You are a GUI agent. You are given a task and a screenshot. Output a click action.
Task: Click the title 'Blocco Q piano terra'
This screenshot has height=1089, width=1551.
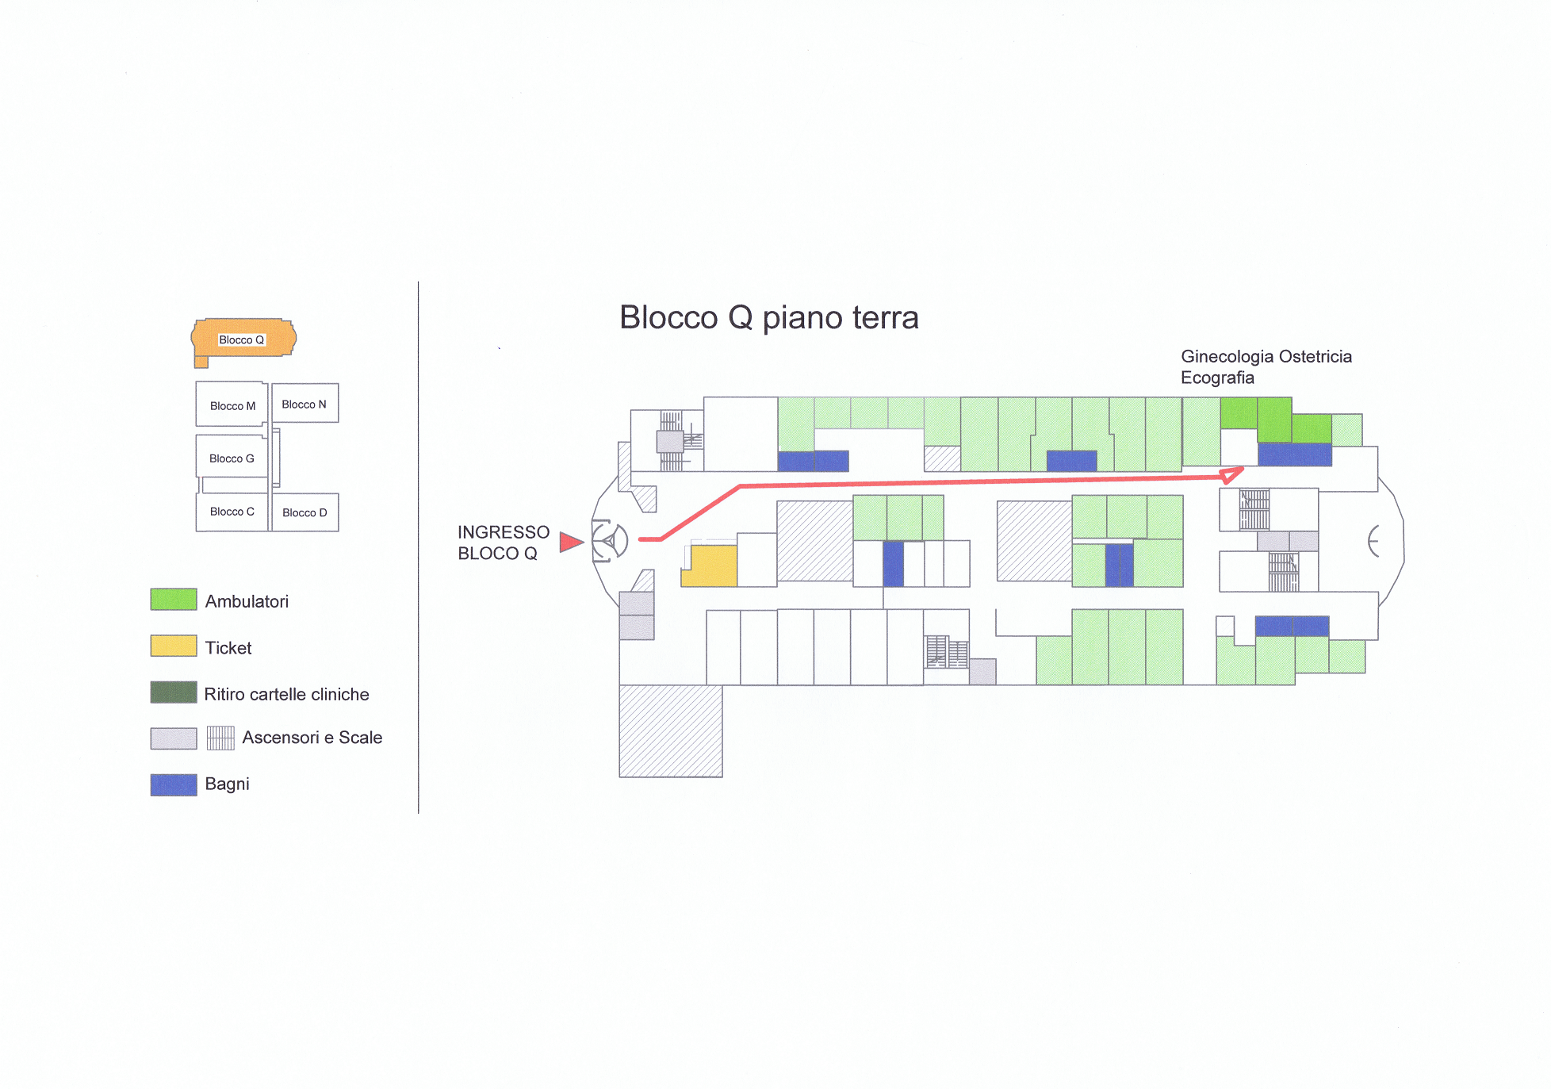tap(768, 317)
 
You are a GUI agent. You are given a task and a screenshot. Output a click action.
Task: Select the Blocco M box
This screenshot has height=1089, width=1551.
tap(232, 405)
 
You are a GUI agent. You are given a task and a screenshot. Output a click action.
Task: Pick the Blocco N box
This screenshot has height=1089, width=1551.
tap(305, 403)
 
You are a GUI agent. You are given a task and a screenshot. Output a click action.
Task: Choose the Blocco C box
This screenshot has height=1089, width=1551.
tap(232, 512)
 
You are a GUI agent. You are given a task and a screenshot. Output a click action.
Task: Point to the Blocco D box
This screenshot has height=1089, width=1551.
tap(305, 512)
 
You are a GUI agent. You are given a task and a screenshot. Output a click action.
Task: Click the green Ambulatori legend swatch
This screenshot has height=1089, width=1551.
tap(174, 600)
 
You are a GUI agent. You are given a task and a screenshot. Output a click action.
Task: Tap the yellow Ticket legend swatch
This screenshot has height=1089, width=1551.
tap(174, 646)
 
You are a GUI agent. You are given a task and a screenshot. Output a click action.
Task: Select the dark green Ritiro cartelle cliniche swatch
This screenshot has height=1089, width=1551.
tap(174, 692)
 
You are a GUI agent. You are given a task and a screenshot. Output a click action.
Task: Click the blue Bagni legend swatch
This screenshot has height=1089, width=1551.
tap(174, 784)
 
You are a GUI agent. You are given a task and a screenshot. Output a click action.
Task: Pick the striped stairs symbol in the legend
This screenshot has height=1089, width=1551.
tap(220, 738)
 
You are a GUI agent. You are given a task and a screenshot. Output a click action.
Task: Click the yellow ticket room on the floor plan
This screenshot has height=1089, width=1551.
tap(710, 566)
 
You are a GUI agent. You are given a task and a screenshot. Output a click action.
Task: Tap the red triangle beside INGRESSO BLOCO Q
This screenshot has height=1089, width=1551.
tap(571, 542)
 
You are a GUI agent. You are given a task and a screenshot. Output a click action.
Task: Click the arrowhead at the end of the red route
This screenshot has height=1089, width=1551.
tap(1231, 475)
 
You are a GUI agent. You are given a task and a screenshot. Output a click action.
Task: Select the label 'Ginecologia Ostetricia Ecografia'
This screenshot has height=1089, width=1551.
tap(1266, 366)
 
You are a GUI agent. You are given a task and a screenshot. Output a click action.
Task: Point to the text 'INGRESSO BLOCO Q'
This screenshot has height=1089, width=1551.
tap(504, 543)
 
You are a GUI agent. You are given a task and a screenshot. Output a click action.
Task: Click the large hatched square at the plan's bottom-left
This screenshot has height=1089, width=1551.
tap(671, 731)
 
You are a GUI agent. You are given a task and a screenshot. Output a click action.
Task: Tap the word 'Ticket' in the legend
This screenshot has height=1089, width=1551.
tap(228, 648)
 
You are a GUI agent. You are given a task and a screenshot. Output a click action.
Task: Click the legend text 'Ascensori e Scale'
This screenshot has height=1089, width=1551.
tap(312, 738)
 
